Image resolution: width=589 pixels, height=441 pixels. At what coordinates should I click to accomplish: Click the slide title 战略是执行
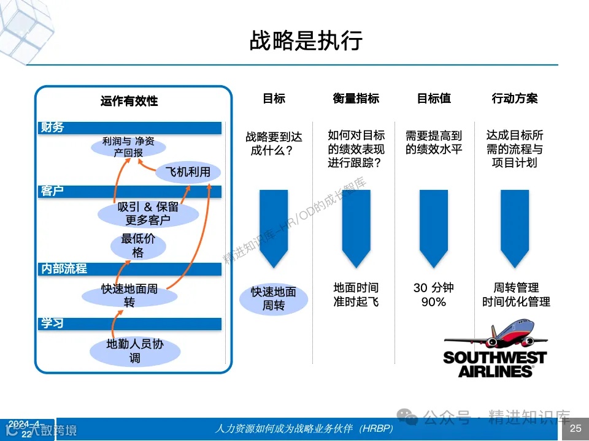(305, 41)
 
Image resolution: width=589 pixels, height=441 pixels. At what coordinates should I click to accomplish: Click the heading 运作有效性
(129, 100)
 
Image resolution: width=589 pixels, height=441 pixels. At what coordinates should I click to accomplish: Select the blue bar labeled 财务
(129, 127)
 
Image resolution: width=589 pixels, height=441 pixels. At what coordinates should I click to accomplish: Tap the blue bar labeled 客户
(129, 191)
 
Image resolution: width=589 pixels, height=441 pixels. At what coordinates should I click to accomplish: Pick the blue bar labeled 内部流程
(129, 268)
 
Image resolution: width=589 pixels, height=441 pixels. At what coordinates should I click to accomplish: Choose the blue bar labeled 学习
(129, 323)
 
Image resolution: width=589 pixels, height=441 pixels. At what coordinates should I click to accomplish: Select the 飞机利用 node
(188, 172)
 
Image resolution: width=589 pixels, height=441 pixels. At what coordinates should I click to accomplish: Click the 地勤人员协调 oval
(135, 351)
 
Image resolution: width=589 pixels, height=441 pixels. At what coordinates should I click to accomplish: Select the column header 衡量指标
(356, 98)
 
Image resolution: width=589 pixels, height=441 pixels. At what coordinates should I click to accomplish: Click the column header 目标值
(434, 98)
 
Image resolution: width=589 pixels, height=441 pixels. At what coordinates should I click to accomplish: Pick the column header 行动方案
(515, 98)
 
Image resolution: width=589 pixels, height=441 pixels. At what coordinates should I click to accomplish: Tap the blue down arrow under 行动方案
(515, 227)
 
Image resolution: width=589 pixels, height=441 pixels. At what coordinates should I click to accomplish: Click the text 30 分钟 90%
(434, 295)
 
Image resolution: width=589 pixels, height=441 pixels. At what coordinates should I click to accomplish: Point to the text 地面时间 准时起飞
(356, 295)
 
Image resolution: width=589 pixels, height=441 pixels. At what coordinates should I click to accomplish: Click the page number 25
(575, 429)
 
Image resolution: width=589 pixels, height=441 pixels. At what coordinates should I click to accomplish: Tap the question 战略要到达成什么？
(274, 143)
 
